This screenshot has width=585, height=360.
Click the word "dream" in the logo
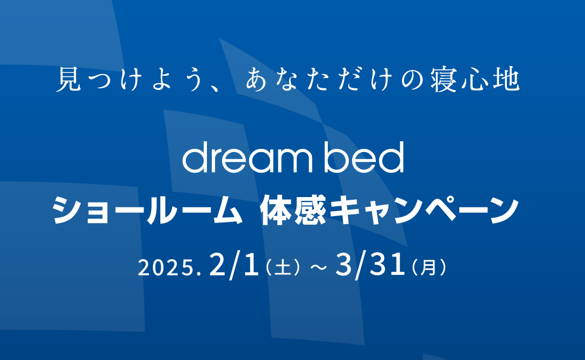[246, 157]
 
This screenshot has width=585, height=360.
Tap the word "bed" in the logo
[364, 157]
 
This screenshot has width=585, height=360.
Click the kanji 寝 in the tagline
[444, 79]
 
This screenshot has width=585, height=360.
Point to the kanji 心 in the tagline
[475, 80]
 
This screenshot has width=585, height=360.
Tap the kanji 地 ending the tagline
[506, 79]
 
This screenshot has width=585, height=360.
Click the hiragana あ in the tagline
[256, 79]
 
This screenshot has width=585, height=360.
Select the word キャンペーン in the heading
[424, 211]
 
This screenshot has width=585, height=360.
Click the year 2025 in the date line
[166, 268]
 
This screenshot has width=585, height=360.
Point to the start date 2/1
[235, 266]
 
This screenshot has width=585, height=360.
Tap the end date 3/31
[370, 266]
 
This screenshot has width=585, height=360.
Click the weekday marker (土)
[282, 268]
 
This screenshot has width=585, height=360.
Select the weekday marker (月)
[428, 268]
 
